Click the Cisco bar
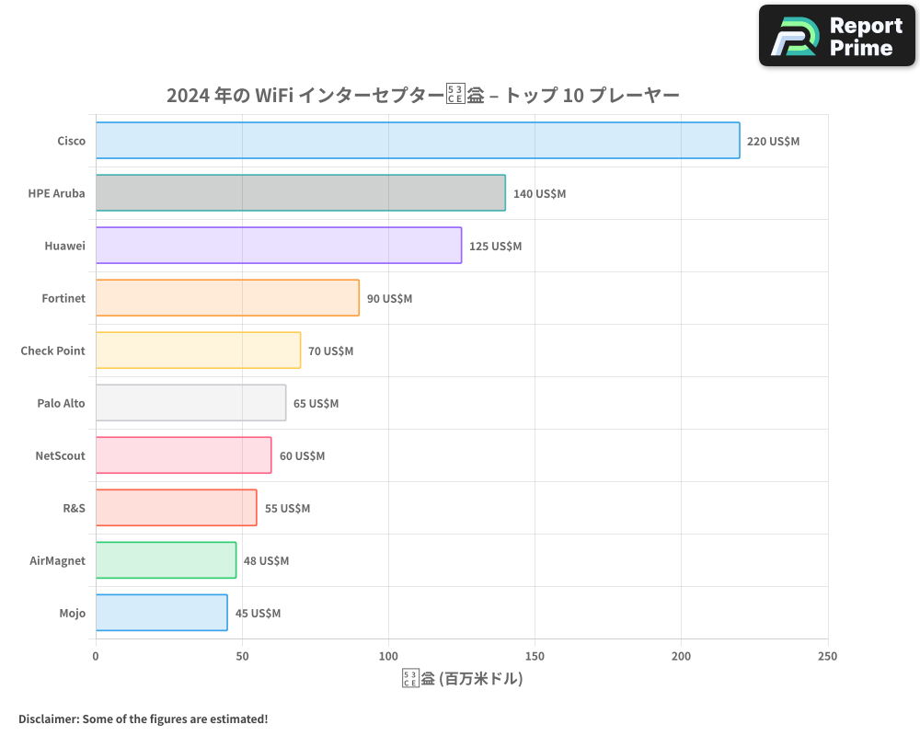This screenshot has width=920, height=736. (418, 141)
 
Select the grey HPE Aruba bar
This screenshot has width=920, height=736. (301, 193)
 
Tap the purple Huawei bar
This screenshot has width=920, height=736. (279, 246)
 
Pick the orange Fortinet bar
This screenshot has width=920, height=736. (227, 298)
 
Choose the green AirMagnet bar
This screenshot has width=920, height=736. (166, 560)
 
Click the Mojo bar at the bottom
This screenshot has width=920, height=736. (161, 613)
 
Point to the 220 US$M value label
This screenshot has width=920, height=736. (773, 142)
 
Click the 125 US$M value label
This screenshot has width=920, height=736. (495, 247)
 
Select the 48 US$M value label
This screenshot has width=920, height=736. (266, 561)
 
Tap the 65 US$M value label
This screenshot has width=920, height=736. (316, 404)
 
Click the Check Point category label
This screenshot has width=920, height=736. (52, 351)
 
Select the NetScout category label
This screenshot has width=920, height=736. (60, 455)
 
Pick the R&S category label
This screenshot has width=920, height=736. (74, 508)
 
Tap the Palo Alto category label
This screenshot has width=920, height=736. (61, 403)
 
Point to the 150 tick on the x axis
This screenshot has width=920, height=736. (535, 656)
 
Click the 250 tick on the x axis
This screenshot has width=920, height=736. (827, 656)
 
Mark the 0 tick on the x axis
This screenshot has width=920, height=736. (96, 656)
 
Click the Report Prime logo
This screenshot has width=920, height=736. (836, 36)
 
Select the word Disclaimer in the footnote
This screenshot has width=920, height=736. (47, 719)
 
